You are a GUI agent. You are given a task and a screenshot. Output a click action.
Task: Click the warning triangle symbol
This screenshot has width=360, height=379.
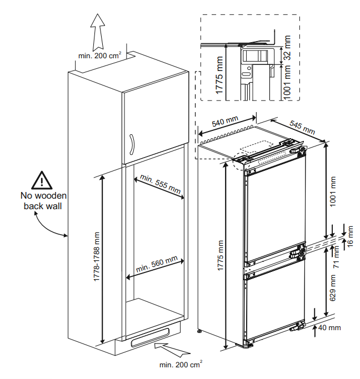(x=42, y=180)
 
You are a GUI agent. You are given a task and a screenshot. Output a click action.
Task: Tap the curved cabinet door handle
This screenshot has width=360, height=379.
(x=131, y=144)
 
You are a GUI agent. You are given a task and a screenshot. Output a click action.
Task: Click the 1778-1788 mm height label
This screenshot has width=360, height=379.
(x=97, y=256)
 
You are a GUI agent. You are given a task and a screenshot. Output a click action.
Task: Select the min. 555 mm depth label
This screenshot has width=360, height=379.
(x=161, y=184)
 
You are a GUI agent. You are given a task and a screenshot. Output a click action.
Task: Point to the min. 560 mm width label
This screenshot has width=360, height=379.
(x=157, y=265)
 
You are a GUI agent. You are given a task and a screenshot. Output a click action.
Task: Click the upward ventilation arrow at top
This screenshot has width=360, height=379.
(x=98, y=32)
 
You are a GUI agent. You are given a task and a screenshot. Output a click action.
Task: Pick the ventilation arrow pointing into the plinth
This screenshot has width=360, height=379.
(x=172, y=349)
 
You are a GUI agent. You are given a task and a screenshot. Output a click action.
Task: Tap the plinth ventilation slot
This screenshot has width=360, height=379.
(x=149, y=337)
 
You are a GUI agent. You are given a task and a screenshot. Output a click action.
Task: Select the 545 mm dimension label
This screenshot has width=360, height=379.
(x=302, y=128)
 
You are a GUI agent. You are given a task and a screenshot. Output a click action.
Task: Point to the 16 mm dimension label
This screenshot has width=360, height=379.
(x=350, y=236)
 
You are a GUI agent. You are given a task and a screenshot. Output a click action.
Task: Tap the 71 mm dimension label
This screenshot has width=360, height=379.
(x=336, y=256)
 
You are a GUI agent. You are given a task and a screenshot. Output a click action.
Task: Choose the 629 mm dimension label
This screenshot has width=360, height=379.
(x=333, y=287)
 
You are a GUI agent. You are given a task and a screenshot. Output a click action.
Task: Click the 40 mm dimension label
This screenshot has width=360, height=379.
(x=329, y=328)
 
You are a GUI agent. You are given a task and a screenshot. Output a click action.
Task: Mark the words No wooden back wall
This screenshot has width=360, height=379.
(x=43, y=201)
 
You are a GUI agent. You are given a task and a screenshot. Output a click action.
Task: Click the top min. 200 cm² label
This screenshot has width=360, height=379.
(x=99, y=55)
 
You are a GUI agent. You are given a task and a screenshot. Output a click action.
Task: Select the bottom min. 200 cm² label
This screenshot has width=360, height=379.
(x=181, y=364)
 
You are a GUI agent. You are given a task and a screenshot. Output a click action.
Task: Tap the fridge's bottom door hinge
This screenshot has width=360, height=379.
(x=298, y=326)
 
